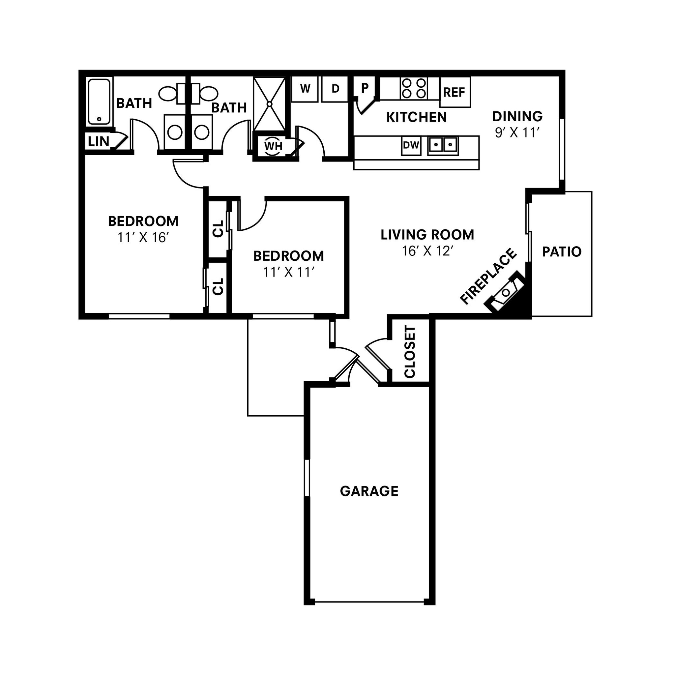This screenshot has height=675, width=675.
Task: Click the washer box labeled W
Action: point(305,89)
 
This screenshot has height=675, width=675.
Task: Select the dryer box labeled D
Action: point(335,89)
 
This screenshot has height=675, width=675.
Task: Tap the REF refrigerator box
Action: point(455,93)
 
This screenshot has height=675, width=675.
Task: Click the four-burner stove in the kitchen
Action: point(414,88)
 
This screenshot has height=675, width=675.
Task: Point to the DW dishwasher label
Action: point(411,145)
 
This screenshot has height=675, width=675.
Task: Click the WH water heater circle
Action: point(273,146)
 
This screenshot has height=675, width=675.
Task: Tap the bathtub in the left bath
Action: point(99,102)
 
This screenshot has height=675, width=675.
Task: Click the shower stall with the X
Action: point(269,104)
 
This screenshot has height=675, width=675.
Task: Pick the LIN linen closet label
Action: point(98,142)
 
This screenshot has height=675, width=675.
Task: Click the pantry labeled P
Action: point(365,88)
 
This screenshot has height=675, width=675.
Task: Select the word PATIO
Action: point(561,252)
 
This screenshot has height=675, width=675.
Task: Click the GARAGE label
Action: point(369,491)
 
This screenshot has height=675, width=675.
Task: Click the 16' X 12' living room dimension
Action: point(427,251)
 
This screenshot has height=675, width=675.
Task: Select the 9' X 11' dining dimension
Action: point(517,132)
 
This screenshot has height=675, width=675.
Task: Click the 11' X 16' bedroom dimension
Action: point(143,238)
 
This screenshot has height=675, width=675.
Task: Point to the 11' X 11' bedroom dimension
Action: point(289,272)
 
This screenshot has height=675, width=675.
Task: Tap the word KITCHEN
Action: point(417,117)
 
